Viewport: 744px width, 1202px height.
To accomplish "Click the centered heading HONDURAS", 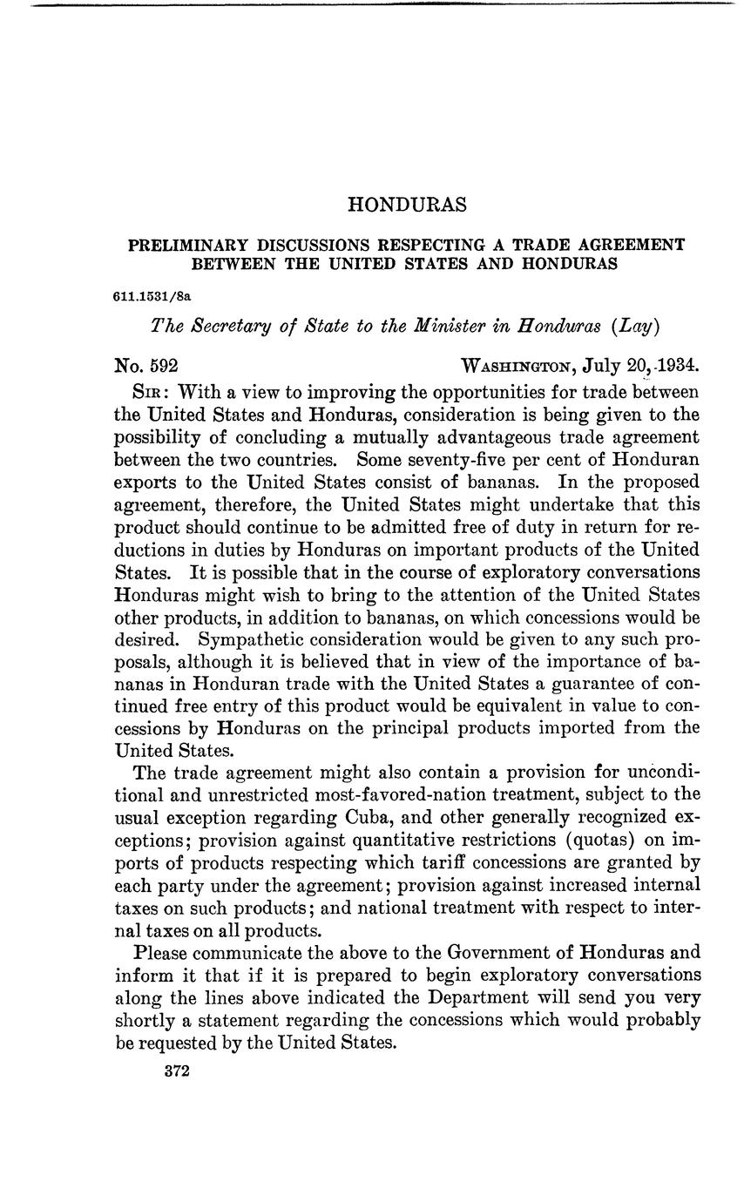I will pos(407,205).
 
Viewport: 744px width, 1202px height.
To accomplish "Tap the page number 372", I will pos(176,1071).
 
